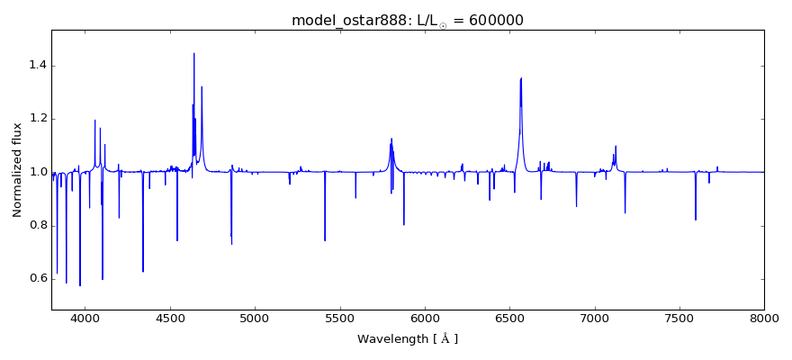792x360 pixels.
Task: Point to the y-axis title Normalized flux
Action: [x=18, y=170]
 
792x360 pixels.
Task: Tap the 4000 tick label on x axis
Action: [x=85, y=319]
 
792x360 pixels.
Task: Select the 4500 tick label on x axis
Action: [x=170, y=319]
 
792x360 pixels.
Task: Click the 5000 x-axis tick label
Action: [x=255, y=319]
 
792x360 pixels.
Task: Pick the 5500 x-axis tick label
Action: [x=339, y=319]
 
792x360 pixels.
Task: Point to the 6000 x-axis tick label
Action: [x=425, y=319]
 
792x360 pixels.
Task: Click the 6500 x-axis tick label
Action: [x=509, y=319]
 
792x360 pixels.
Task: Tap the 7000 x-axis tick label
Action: [x=594, y=319]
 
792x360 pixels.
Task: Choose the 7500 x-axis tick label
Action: [x=679, y=319]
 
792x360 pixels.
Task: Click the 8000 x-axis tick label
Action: [x=763, y=319]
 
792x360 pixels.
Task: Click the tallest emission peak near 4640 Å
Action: [x=193, y=54]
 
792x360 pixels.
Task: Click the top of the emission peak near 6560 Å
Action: [x=521, y=78]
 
